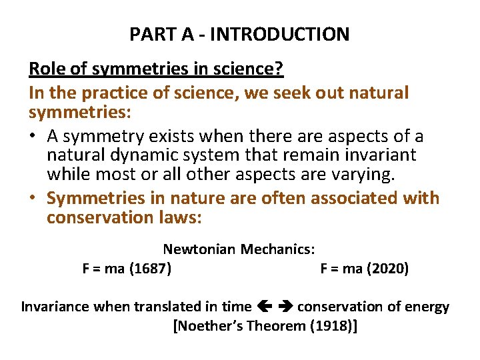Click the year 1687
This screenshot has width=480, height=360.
tap(150, 269)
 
